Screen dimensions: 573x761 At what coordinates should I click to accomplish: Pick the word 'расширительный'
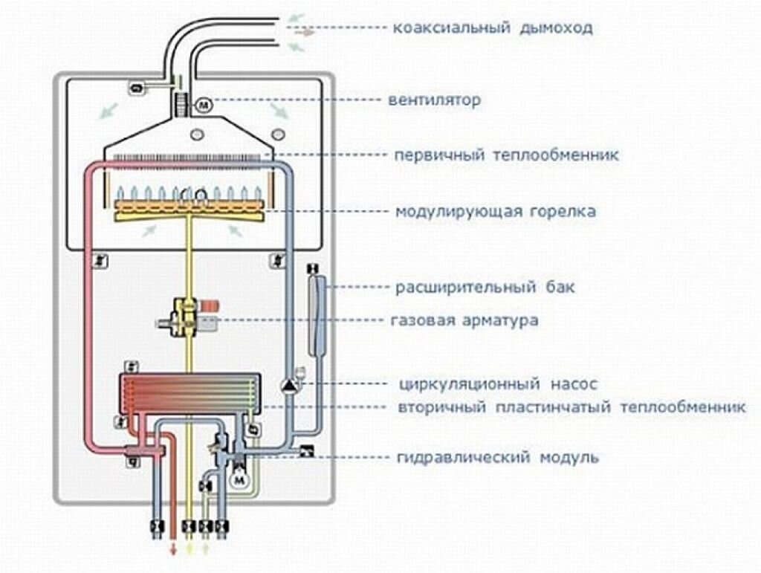[456, 287]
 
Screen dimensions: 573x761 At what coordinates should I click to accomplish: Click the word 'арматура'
[499, 321]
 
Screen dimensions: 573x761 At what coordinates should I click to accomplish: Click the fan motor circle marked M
[204, 106]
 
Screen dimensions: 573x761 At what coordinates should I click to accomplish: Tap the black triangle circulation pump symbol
[288, 385]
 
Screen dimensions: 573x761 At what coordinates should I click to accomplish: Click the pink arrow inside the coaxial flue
[305, 33]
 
